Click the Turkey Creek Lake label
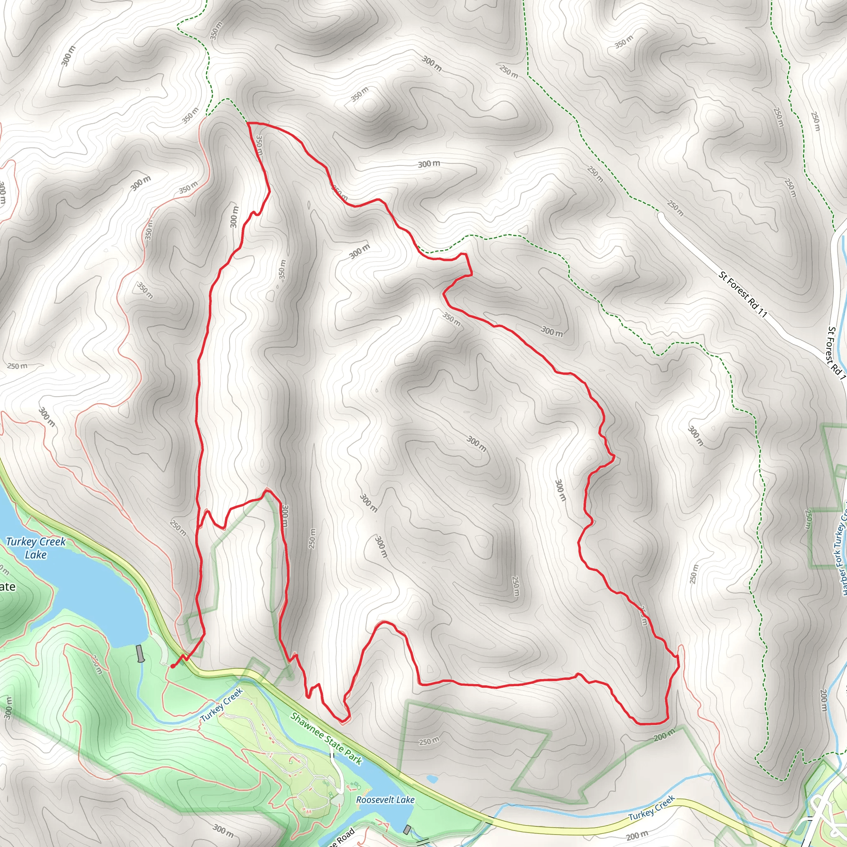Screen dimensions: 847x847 tap(36, 548)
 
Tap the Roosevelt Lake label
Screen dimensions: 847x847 tap(385, 800)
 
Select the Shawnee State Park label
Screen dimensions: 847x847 tap(327, 739)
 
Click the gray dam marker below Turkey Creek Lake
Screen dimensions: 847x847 tap(140, 653)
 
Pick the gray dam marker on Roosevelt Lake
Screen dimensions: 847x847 tap(408, 830)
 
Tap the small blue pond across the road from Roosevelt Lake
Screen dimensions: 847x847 tap(431, 779)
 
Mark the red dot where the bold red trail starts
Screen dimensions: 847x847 tap(173, 666)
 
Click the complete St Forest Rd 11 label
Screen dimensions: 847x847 tap(743, 294)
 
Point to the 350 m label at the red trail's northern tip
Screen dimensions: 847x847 tap(259, 145)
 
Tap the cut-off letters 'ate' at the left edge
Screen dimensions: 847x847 tap(7, 586)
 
